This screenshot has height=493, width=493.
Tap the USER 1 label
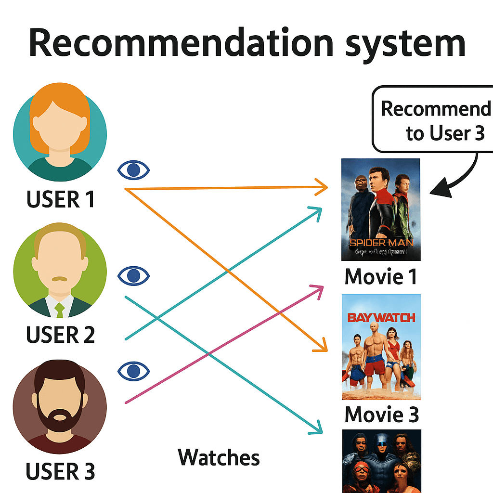(x=61, y=199)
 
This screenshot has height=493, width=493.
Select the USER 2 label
(x=61, y=334)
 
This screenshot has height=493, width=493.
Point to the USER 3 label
(x=61, y=471)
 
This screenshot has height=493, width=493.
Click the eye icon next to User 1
(x=134, y=170)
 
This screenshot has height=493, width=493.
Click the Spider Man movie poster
(x=381, y=209)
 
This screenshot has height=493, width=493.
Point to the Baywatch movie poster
(x=381, y=347)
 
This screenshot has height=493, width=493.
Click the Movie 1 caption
(x=381, y=277)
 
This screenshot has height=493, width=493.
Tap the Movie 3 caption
(x=382, y=415)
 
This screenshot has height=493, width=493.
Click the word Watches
(x=219, y=457)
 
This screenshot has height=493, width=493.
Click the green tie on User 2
(x=60, y=311)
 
